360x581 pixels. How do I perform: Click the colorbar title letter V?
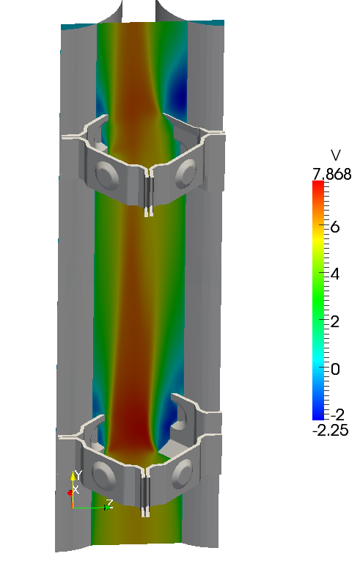coord(336,156)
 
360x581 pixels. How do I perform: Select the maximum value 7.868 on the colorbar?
coord(332,174)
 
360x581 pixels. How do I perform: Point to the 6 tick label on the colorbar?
coord(335,227)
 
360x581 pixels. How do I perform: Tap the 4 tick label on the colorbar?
coord(335,274)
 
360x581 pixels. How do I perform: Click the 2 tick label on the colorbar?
coord(335,321)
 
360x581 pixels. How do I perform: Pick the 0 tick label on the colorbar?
coord(335,369)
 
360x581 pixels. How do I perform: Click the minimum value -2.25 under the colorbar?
coord(331,431)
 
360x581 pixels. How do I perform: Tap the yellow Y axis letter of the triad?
coord(78,475)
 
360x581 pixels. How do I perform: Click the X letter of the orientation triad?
coord(76,489)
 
